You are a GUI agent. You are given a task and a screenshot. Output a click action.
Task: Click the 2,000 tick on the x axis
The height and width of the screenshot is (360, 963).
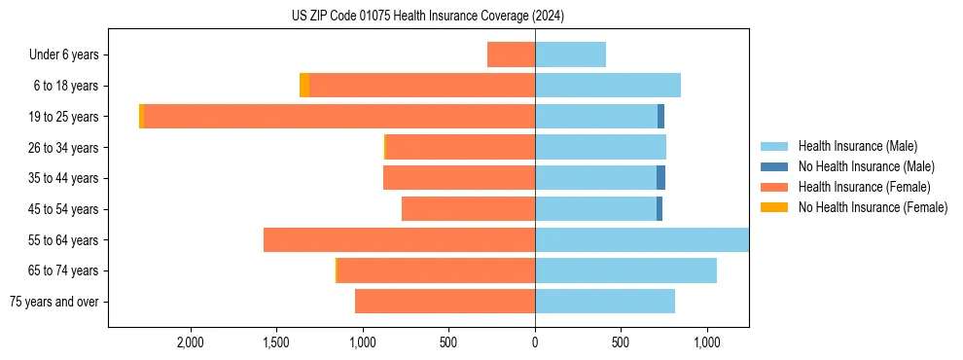(190, 342)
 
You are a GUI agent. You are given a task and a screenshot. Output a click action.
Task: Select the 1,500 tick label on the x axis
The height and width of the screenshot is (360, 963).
(276, 342)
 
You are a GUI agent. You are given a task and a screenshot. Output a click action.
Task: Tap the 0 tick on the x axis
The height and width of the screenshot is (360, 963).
(535, 342)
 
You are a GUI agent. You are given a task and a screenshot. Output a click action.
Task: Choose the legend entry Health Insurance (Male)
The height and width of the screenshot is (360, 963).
(856, 146)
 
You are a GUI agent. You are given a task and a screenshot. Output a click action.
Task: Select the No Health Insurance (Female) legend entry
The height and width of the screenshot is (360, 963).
(873, 207)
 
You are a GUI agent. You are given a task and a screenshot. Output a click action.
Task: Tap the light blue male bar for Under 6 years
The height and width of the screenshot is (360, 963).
(570, 54)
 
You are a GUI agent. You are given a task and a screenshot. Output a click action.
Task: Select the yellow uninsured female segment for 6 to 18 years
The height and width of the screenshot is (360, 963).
(304, 86)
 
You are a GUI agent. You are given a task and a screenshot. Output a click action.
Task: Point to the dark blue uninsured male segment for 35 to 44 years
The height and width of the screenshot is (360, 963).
(660, 178)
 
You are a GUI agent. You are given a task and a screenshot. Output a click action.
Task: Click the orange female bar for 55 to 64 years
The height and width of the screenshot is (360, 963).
(399, 240)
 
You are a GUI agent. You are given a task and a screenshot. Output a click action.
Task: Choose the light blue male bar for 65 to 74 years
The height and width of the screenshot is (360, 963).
(625, 270)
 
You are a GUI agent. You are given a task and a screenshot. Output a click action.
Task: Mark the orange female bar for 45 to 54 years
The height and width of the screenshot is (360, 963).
(468, 209)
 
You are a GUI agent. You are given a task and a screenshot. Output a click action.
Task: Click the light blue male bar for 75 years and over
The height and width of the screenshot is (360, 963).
(605, 302)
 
